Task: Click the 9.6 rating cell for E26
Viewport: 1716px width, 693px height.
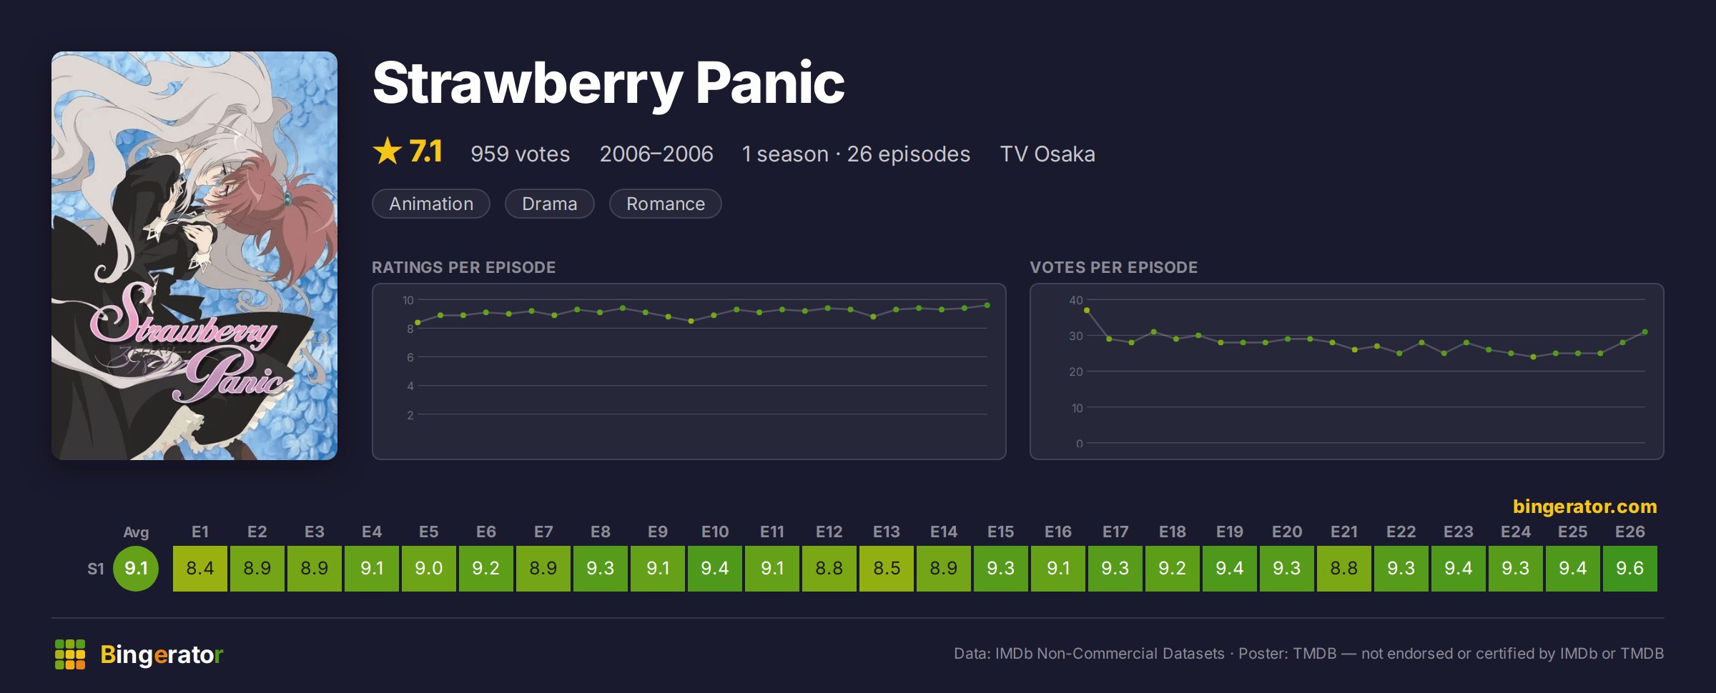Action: pos(1629,569)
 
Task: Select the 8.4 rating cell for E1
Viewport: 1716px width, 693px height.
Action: pos(200,569)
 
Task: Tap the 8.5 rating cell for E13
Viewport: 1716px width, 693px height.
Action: pos(887,569)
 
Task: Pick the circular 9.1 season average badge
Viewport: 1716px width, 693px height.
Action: pos(136,569)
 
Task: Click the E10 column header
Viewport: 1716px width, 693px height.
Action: pos(715,532)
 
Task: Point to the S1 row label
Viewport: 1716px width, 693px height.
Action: pos(96,569)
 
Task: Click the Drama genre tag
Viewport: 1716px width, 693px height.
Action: pos(549,204)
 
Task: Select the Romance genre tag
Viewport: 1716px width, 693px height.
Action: pos(665,204)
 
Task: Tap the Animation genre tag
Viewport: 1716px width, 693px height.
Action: pos(431,204)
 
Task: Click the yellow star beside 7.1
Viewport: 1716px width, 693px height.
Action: pos(388,151)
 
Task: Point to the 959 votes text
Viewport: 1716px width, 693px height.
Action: pos(520,154)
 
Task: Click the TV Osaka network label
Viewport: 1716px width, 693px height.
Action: pos(1047,154)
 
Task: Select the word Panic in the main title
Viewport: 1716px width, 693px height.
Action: pos(770,83)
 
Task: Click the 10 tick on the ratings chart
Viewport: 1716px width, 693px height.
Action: pos(408,300)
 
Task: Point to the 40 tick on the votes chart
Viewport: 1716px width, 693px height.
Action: pos(1075,300)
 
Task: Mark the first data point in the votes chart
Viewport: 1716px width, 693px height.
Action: pos(1087,310)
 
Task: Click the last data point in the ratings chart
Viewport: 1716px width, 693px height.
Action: pos(987,305)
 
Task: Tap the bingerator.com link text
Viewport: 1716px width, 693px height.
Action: pos(1584,506)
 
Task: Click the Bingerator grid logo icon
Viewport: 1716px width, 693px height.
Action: pos(70,654)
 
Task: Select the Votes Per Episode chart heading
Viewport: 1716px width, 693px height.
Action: pos(1113,267)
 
